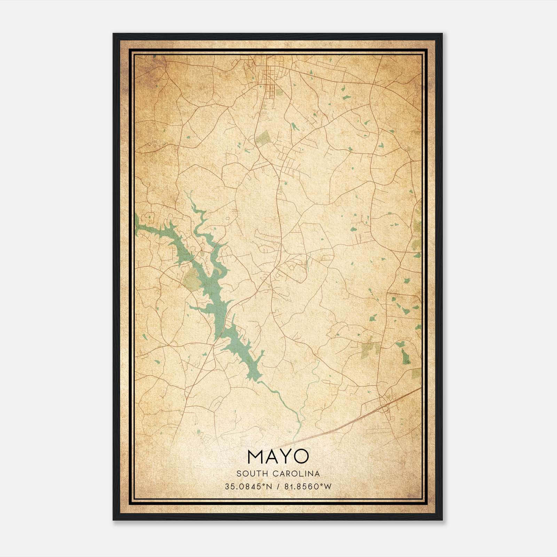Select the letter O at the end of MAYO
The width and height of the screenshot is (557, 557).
[301, 456]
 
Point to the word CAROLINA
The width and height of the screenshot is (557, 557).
[298, 473]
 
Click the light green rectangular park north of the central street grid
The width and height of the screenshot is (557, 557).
[264, 138]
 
